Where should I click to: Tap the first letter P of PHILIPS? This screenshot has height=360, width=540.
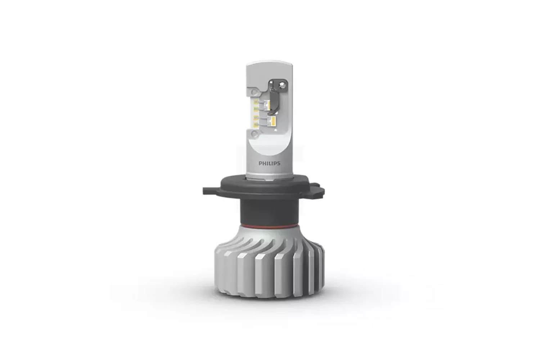click(260, 163)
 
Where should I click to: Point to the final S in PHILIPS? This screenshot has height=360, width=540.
click(278, 163)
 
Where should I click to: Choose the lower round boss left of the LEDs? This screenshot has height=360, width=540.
click(255, 134)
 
